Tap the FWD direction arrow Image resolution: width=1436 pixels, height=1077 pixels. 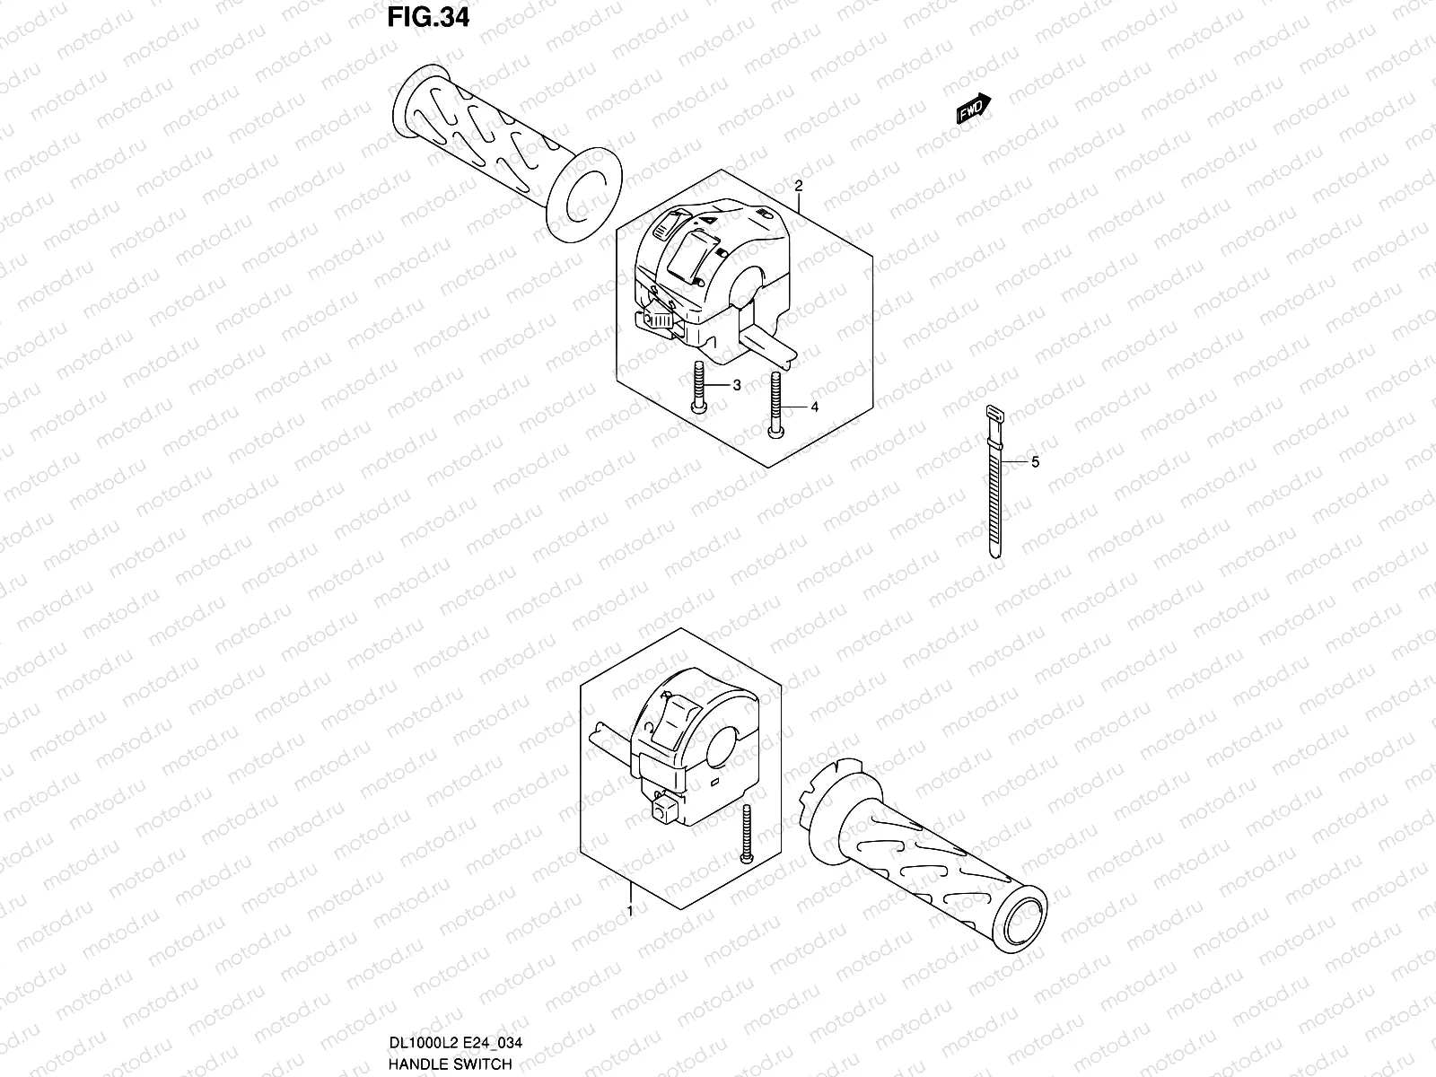tap(973, 107)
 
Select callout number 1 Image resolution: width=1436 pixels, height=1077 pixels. tap(629, 911)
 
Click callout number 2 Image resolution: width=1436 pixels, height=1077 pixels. tap(798, 187)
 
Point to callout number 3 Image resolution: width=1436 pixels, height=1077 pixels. tap(736, 386)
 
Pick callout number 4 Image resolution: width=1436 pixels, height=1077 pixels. tap(814, 407)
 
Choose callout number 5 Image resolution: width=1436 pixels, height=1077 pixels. tap(1035, 462)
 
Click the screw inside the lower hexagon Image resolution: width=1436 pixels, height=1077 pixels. tap(747, 835)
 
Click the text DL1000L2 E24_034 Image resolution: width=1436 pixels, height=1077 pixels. tap(456, 1042)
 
